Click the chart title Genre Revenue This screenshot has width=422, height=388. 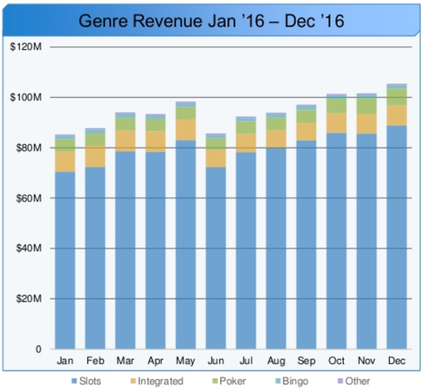[211, 21]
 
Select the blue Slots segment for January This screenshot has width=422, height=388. [65, 260]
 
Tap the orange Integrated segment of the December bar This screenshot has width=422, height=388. [397, 115]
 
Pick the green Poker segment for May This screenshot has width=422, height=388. [185, 113]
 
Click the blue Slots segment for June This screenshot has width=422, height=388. [216, 258]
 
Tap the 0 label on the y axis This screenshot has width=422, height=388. [38, 349]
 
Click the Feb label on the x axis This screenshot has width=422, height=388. [95, 361]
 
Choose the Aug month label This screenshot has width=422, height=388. [276, 361]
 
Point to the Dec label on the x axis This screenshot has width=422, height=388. [397, 361]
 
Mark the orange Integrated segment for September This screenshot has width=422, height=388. [306, 132]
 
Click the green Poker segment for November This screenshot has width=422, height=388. [367, 106]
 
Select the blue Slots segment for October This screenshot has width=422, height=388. [337, 241]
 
